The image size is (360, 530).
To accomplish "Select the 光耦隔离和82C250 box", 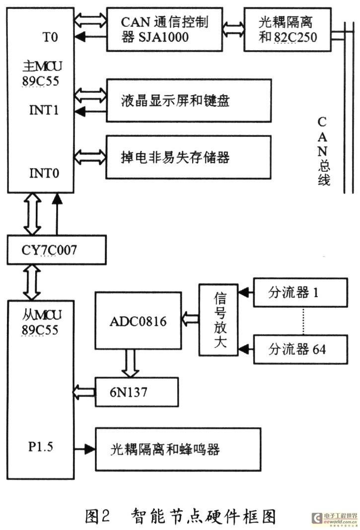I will pyautogui.click(x=288, y=29).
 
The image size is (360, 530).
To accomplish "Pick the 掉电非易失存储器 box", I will pyautogui.click(x=189, y=158).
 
